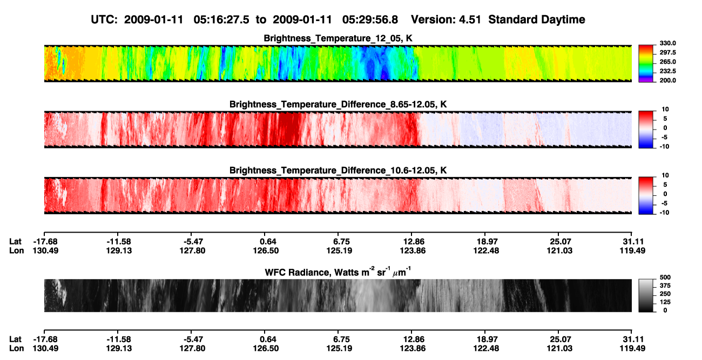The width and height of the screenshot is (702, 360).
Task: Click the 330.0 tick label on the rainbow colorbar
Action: (x=667, y=43)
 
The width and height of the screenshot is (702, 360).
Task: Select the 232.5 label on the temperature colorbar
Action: (x=667, y=71)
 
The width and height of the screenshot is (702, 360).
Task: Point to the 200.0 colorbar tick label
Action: (x=667, y=80)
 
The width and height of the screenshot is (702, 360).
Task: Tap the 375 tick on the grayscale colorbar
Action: (x=665, y=286)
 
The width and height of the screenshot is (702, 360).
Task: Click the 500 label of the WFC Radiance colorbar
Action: (x=665, y=277)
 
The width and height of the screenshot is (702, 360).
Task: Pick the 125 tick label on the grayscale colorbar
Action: (x=665, y=302)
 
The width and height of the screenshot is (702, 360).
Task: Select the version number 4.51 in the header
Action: (x=470, y=20)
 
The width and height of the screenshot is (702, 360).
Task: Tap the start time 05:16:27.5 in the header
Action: (x=221, y=20)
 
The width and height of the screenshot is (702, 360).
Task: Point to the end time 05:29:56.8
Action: (x=370, y=20)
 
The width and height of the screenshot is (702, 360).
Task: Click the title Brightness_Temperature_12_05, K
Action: (x=338, y=38)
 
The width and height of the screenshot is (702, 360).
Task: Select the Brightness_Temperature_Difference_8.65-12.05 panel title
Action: (x=338, y=104)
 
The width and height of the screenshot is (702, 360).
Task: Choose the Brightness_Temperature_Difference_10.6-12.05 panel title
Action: (x=338, y=171)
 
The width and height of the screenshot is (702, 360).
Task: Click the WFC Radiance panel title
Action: (x=338, y=272)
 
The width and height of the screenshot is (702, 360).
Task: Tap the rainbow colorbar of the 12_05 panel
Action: (x=646, y=64)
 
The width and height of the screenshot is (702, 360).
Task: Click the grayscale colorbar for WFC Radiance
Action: (x=646, y=295)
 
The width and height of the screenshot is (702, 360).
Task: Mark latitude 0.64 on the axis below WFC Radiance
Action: (x=268, y=339)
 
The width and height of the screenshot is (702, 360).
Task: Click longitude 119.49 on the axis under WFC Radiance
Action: (x=632, y=349)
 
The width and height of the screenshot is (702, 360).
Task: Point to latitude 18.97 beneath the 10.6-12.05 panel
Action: (x=486, y=242)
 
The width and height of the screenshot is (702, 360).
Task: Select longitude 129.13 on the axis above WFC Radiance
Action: (x=119, y=250)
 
